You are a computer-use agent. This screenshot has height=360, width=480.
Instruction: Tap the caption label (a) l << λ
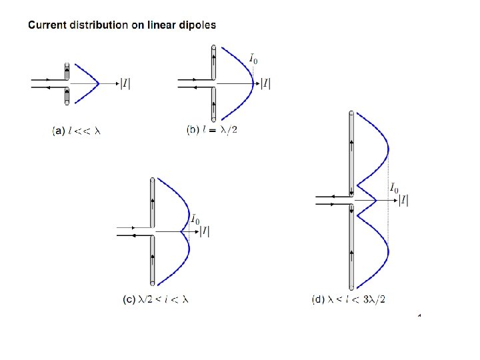pyautogui.click(x=76, y=131)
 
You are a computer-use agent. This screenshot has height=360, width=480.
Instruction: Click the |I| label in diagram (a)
pyautogui.click(x=125, y=84)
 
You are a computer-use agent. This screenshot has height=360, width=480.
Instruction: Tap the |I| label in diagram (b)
pyautogui.click(x=265, y=84)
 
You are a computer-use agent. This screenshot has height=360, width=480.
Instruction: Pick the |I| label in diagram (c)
pyautogui.click(x=206, y=231)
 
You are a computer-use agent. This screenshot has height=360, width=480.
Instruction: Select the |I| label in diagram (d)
pyautogui.click(x=403, y=200)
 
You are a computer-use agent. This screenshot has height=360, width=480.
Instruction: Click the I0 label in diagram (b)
pyautogui.click(x=254, y=61)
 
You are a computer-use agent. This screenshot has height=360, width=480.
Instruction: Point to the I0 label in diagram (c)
pyautogui.click(x=195, y=219)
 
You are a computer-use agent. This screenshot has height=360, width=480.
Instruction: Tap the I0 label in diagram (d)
pyautogui.click(x=394, y=189)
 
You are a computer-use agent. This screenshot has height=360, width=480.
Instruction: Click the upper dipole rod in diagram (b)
pyautogui.click(x=213, y=63)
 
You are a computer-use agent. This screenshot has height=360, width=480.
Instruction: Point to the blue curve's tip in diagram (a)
pyautogui.click(x=99, y=84)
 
